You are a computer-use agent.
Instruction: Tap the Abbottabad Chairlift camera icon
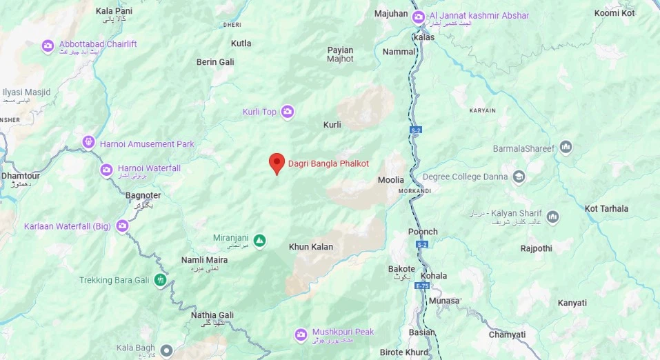tap(48, 46)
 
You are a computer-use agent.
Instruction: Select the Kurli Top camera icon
tap(288, 112)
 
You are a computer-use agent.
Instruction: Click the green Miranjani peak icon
tap(259, 241)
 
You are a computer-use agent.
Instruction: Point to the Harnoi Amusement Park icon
tap(88, 143)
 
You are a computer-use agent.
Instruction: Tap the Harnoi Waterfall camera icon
tap(106, 169)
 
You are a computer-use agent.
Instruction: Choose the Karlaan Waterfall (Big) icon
tap(123, 226)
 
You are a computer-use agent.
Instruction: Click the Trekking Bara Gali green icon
tap(161, 280)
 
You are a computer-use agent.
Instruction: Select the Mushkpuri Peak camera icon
tap(301, 335)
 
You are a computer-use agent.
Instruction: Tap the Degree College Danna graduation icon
tap(519, 177)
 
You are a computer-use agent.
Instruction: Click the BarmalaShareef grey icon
tap(566, 148)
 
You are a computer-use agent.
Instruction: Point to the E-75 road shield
tap(422, 286)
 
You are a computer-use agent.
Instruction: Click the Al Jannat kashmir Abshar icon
tap(418, 17)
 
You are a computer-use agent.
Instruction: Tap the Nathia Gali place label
tap(212, 315)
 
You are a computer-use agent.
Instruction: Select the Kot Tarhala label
tap(606, 208)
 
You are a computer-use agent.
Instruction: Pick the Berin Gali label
tap(215, 62)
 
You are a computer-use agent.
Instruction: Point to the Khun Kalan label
tap(310, 247)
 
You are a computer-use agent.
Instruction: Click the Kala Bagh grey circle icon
tap(166, 351)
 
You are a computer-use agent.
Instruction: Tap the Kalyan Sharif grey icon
tap(552, 218)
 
